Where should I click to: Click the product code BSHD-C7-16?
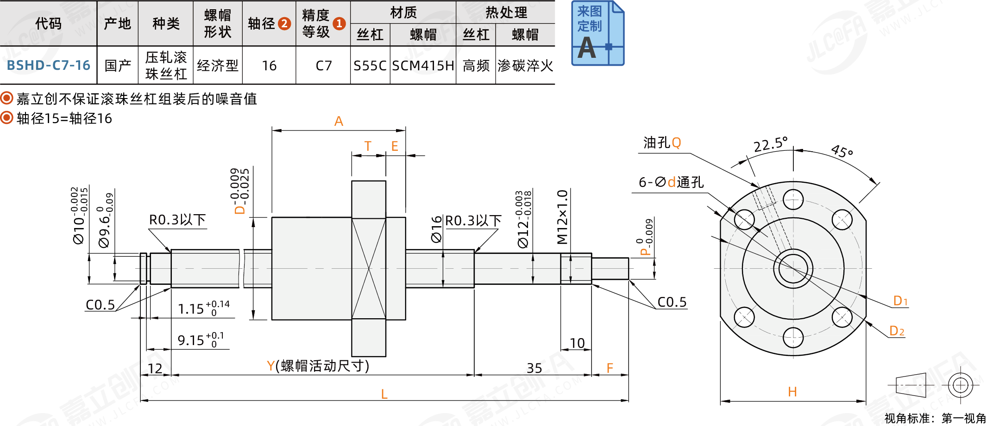[48, 65]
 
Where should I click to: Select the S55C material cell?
[370, 66]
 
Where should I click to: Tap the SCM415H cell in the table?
[423, 66]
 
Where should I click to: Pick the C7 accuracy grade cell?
[323, 66]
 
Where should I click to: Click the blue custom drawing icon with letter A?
[597, 33]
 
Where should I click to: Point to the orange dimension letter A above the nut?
[339, 121]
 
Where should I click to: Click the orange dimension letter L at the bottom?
[384, 394]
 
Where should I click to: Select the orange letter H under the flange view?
[792, 392]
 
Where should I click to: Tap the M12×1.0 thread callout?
[562, 216]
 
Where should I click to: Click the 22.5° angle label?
[770, 144]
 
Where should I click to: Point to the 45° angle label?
[842, 151]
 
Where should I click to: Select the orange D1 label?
[900, 301]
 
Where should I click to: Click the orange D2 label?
[897, 331]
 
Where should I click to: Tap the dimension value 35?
[534, 368]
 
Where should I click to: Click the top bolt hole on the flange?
[793, 200]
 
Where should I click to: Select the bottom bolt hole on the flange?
[793, 337]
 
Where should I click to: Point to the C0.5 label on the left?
[100, 305]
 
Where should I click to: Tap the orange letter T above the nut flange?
[368, 146]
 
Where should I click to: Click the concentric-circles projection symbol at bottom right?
[961, 385]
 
